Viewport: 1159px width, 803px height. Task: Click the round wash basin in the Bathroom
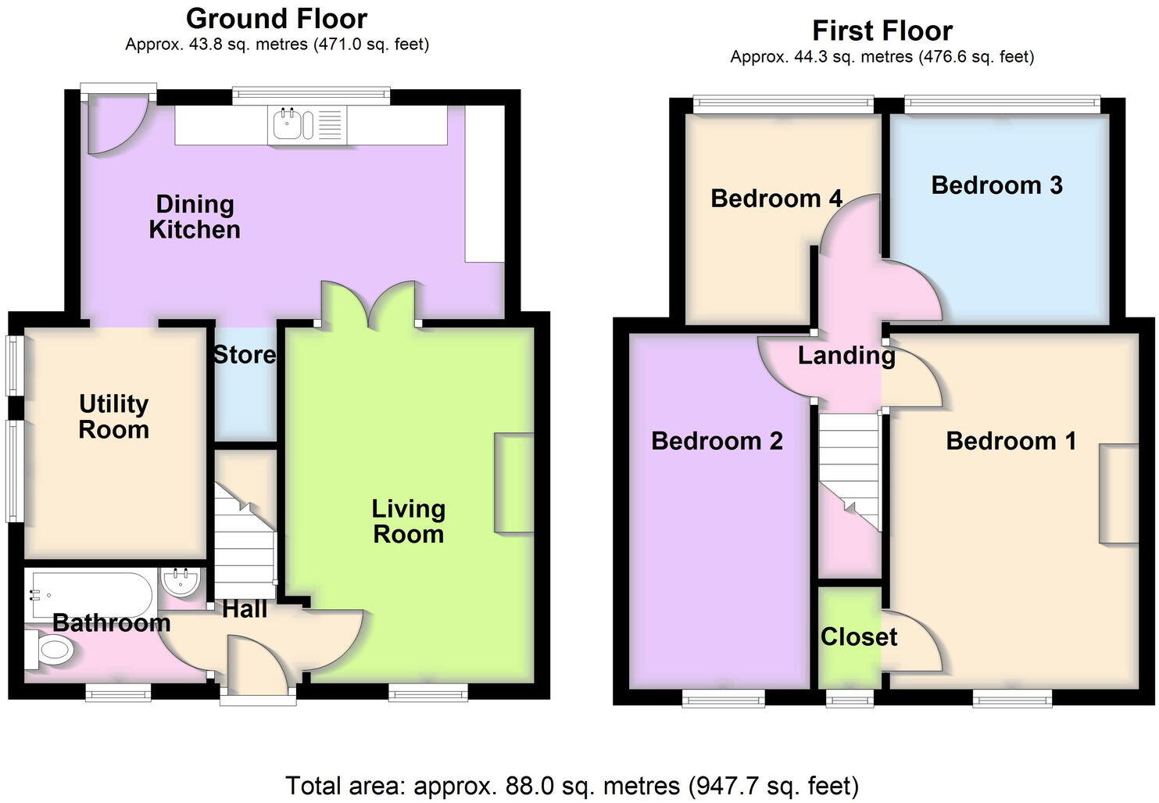(x=182, y=583)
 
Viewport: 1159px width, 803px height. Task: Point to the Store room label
(x=245, y=355)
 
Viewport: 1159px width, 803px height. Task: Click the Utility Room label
(x=113, y=417)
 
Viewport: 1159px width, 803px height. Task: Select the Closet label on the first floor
(x=858, y=637)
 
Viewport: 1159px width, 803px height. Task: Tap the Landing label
(x=846, y=356)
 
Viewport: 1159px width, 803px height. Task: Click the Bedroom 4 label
(x=776, y=199)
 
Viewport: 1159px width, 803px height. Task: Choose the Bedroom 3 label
(x=996, y=185)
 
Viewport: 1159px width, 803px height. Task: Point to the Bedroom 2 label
(x=717, y=441)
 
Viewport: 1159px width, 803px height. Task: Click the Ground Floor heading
(x=277, y=18)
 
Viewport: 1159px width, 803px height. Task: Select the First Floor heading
(x=882, y=30)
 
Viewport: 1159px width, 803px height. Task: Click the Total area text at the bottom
(x=572, y=785)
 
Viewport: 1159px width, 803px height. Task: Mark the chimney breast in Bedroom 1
(x=1118, y=493)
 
